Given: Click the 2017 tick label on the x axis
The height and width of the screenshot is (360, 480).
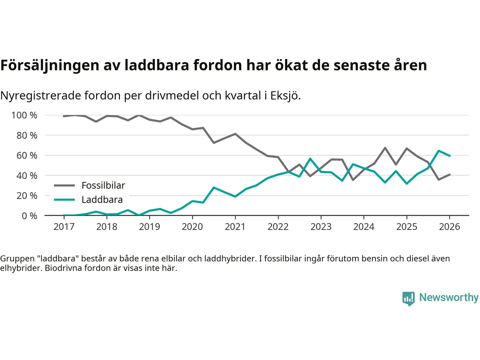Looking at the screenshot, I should [x=64, y=226].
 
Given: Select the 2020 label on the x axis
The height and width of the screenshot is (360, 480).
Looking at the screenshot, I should [x=192, y=226].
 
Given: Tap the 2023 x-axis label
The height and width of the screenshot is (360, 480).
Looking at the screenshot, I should [x=321, y=226].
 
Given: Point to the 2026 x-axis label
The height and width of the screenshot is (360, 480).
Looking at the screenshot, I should [x=449, y=226].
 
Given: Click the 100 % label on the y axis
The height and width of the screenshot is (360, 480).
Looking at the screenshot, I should [x=24, y=115].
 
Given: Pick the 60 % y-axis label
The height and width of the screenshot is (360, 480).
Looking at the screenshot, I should [x=27, y=155].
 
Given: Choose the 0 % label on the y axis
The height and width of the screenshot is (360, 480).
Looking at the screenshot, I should [x=29, y=216].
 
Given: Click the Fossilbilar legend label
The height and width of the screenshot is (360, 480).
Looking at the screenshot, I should [x=103, y=185].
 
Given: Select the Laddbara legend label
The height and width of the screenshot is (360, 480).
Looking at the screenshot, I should [x=102, y=199].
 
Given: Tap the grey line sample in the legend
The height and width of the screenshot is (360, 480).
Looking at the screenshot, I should [x=64, y=185].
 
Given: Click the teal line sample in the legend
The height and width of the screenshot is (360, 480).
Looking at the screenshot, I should [x=64, y=199].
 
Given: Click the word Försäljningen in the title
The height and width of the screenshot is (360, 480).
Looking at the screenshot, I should [x=49, y=65].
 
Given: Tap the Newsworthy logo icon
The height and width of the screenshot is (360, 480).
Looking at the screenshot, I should [x=408, y=298].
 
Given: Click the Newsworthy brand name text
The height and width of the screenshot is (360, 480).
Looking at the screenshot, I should [x=448, y=297].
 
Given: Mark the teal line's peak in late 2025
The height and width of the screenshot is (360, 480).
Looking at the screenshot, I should [x=438, y=151].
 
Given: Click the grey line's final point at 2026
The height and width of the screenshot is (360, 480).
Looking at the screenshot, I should [x=450, y=174].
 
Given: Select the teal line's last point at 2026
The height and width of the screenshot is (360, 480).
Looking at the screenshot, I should [x=450, y=156].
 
